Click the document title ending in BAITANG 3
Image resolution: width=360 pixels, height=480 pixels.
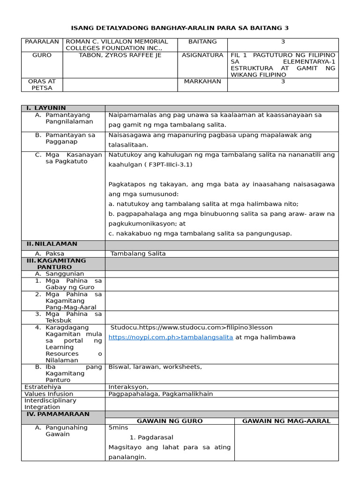point(180,28)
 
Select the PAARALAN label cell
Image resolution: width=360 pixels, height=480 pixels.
point(42,42)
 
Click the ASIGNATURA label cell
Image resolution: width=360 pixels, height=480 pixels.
point(202,55)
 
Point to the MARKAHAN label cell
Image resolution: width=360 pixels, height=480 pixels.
point(202,81)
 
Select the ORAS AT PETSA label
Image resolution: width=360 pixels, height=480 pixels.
point(42,84)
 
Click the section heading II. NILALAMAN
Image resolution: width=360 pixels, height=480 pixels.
point(52,244)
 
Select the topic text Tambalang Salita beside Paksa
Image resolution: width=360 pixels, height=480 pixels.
point(138,254)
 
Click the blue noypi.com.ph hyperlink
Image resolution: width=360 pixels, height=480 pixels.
point(171,337)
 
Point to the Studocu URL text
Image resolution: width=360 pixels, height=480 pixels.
point(191,327)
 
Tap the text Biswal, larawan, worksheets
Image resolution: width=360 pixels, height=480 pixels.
point(155,367)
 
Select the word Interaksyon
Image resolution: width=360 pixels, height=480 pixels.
point(128,387)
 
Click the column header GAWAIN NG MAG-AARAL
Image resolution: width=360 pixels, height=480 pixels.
point(286,421)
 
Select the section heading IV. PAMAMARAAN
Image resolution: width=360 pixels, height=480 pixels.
point(58,414)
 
